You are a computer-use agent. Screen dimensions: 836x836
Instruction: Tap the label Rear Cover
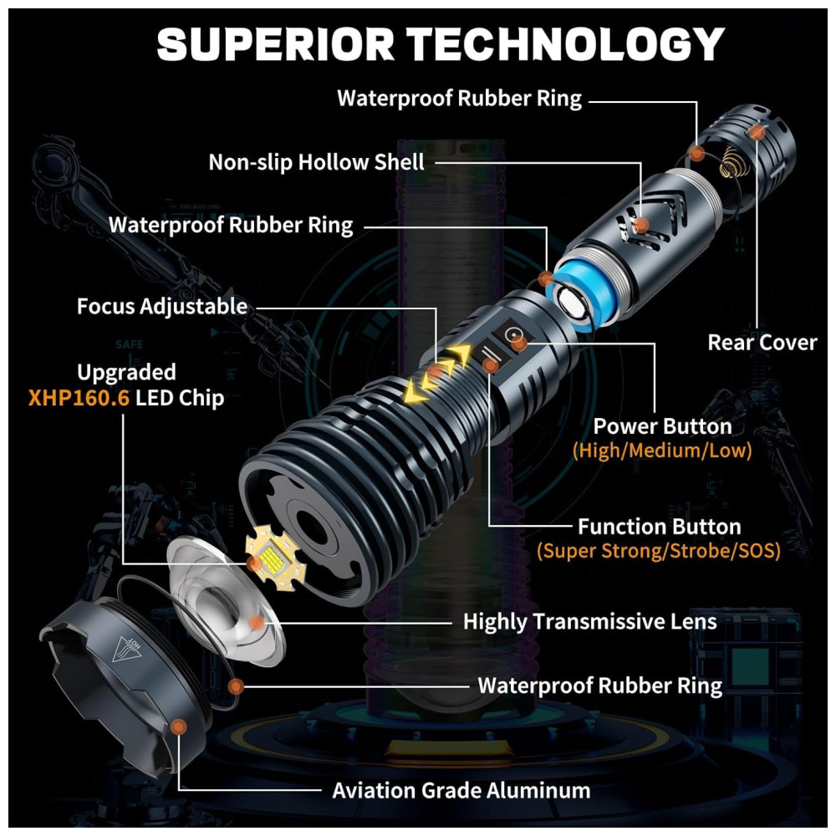[762, 342]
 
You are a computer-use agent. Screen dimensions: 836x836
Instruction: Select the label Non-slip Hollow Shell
[316, 161]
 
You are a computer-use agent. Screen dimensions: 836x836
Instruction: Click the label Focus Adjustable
[162, 306]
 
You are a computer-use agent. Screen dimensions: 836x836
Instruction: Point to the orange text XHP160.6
[79, 397]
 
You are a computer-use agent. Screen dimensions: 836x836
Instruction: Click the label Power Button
[662, 426]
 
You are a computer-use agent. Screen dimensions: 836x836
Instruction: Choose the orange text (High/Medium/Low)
[662, 451]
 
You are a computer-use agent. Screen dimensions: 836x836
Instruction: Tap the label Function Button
[659, 527]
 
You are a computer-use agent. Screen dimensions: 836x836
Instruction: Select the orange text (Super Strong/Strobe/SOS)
[658, 551]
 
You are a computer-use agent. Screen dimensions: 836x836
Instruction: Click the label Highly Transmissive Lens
[589, 621]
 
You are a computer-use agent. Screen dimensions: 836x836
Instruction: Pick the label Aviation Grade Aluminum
[461, 790]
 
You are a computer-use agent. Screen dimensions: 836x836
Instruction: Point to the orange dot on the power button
[518, 342]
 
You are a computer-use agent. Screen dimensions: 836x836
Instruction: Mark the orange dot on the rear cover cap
[757, 131]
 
